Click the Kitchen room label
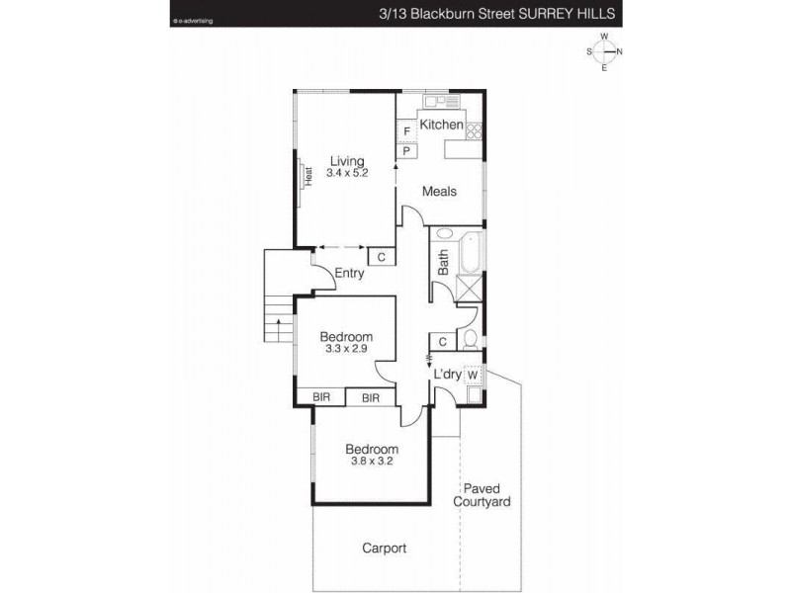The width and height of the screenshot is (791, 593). (441, 125)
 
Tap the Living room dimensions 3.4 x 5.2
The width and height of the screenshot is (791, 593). (347, 173)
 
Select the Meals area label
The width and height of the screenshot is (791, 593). (439, 191)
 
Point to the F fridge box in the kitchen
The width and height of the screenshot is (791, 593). (406, 131)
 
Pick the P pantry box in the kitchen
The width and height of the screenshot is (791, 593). (406, 151)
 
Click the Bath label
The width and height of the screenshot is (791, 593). (444, 261)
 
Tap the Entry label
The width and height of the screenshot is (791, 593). (350, 274)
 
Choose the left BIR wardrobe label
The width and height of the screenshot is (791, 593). (321, 397)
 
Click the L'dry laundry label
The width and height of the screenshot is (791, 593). (449, 375)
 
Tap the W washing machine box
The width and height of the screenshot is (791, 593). (473, 375)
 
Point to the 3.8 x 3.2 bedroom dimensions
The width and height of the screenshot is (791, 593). (373, 461)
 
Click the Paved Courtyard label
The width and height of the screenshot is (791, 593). (482, 495)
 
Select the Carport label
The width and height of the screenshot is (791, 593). (386, 549)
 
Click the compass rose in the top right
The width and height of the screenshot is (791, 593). (603, 51)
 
